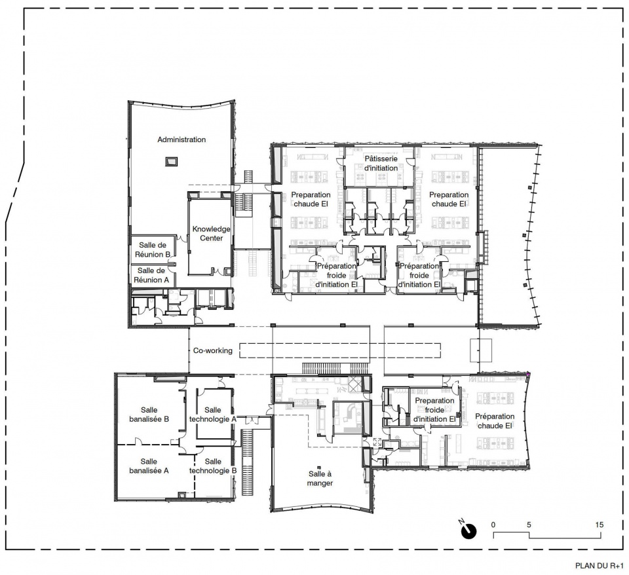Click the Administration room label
click(181, 139)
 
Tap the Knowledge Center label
click(212, 233)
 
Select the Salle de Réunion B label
click(153, 250)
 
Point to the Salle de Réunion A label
click(151, 275)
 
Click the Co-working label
click(212, 350)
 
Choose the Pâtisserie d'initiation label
click(381, 163)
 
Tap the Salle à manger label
click(320, 479)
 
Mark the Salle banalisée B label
click(149, 415)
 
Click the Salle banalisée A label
click(149, 466)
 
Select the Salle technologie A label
click(212, 415)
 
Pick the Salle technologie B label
click(212, 466)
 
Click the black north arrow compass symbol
click(468, 530)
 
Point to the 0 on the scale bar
click(493, 525)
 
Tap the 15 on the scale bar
click(600, 525)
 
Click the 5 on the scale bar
click(529, 525)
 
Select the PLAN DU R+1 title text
click(599, 566)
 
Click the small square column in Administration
click(171, 162)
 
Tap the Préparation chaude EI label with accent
click(495, 421)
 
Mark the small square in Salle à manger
click(318, 467)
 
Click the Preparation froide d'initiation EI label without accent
click(434, 410)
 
